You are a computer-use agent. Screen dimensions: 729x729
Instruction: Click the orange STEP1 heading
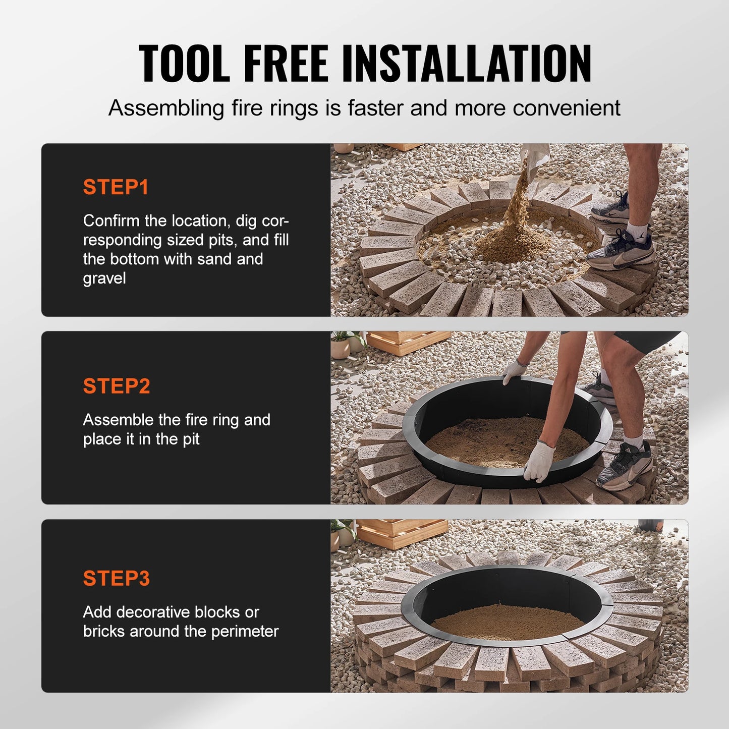(x=116, y=187)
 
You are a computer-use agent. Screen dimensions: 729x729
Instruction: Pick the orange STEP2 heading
(x=117, y=386)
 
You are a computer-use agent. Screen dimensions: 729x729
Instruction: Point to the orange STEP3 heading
(x=117, y=578)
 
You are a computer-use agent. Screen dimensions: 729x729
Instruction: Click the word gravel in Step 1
(x=104, y=278)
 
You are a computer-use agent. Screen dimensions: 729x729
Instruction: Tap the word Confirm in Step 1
(x=111, y=220)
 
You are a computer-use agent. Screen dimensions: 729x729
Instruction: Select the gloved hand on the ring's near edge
(x=539, y=462)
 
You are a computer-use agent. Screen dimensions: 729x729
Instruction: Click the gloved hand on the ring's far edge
(x=515, y=371)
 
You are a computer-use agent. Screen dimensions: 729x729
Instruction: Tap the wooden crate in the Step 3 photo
(x=402, y=533)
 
